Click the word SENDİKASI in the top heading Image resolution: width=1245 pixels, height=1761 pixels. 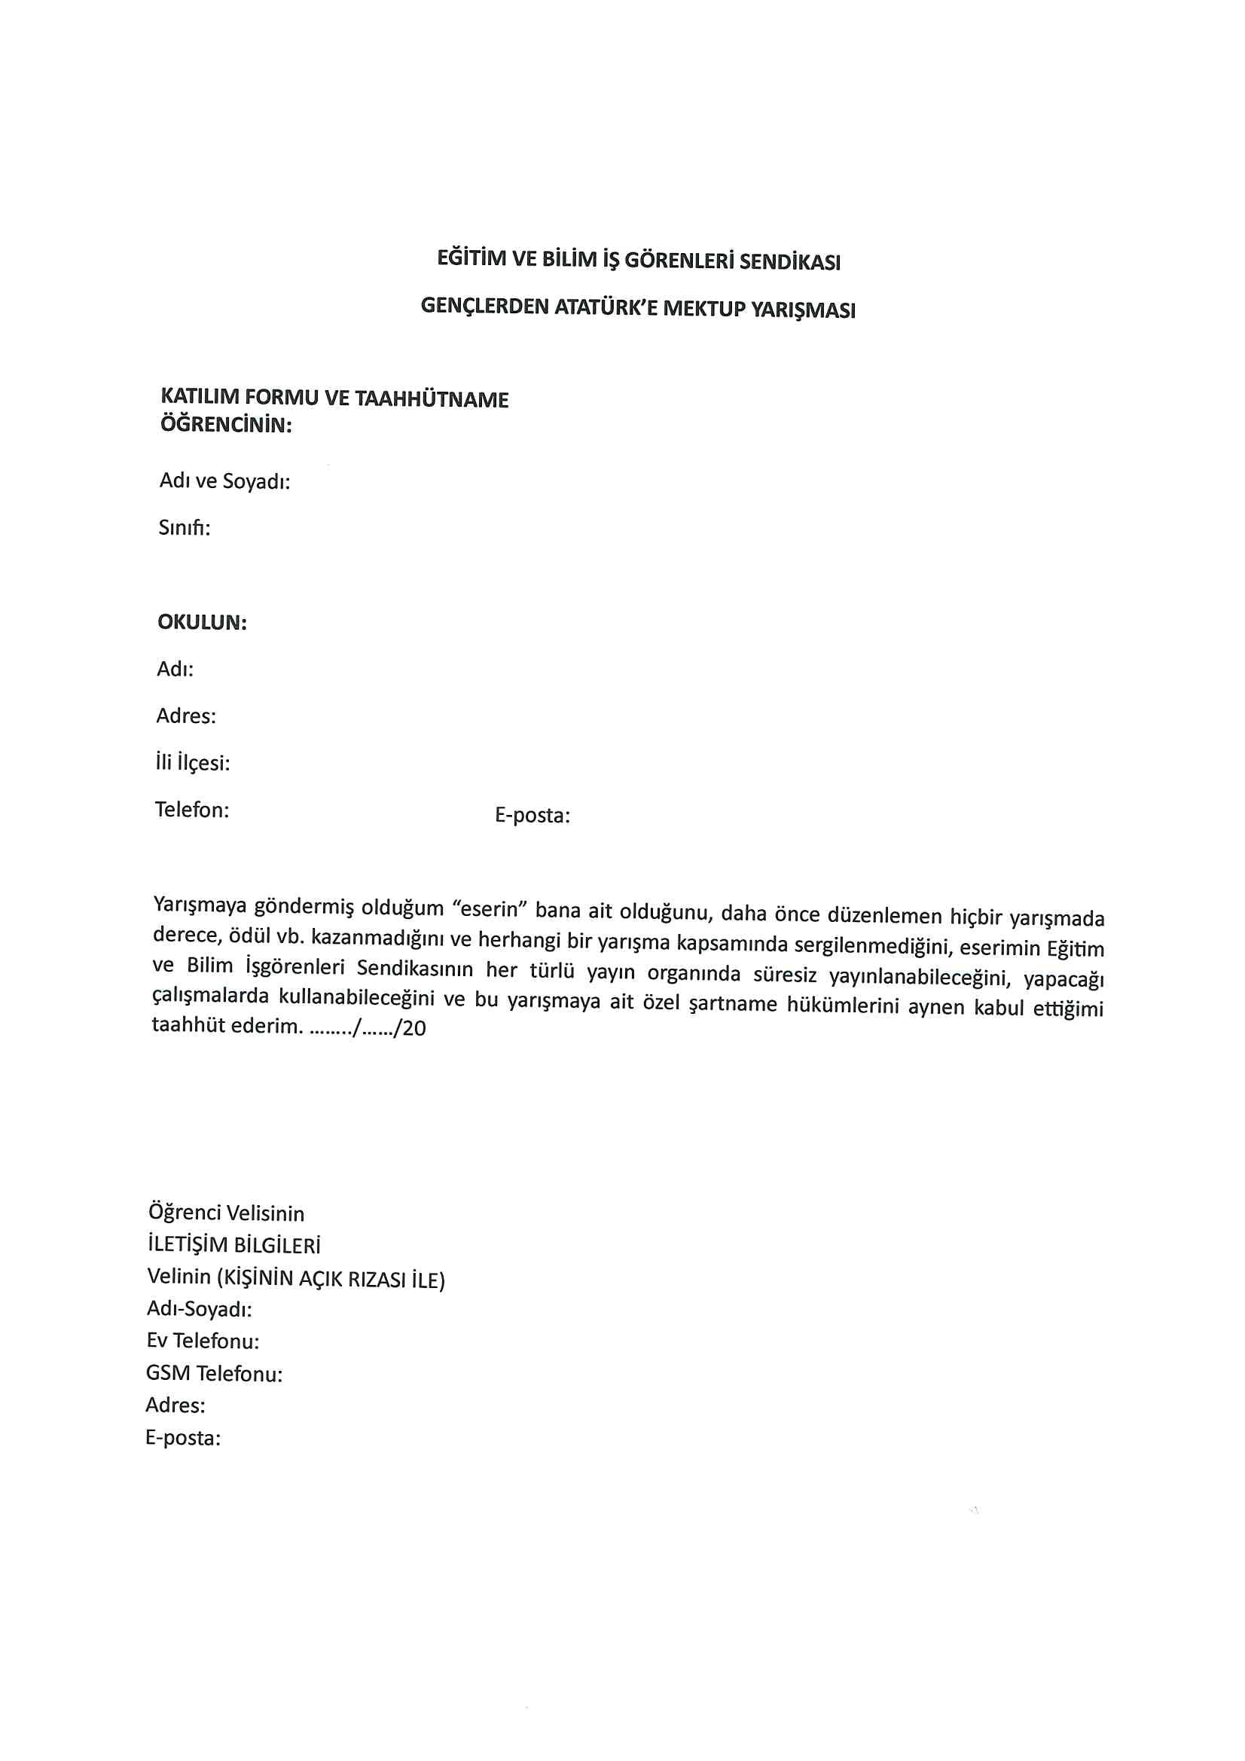tap(789, 262)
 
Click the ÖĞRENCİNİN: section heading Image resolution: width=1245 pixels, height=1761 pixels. tap(225, 425)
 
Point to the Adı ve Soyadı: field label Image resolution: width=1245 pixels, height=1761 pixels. tap(224, 481)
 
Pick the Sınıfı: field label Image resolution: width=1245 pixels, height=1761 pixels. tap(184, 529)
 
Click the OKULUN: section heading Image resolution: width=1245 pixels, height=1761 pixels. tap(202, 622)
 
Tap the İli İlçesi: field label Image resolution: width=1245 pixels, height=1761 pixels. tap(192, 763)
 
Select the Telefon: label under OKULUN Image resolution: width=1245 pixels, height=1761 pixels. tap(192, 810)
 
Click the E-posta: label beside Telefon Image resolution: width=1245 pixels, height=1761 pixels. tap(532, 815)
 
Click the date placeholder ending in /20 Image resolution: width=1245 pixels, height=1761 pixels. tap(367, 1028)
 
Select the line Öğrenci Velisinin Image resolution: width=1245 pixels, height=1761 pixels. tap(226, 1213)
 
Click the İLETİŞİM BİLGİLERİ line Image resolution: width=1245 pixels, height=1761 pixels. tap(233, 1245)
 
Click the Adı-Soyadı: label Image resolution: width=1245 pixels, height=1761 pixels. tap(200, 1309)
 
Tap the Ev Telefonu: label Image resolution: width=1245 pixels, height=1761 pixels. tap(203, 1341)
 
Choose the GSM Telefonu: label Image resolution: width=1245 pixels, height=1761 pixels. tap(214, 1373)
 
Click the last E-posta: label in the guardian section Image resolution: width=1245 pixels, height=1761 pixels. tap(182, 1437)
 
